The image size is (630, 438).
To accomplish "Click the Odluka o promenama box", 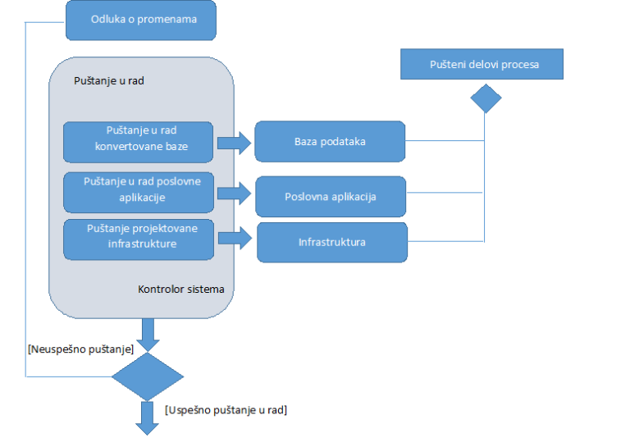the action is click(x=140, y=20).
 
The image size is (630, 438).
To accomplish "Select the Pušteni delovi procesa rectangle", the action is click(x=482, y=64).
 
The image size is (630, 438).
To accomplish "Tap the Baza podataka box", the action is click(x=330, y=141).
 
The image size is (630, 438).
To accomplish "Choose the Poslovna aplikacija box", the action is click(x=331, y=197).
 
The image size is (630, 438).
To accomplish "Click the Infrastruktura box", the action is click(x=332, y=242).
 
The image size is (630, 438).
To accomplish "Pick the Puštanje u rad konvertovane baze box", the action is click(x=138, y=142).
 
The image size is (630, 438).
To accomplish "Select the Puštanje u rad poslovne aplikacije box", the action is click(x=139, y=193).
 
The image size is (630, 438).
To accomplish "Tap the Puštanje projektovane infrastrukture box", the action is click(x=139, y=240).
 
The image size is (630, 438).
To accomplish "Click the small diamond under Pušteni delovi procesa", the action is click(x=486, y=98).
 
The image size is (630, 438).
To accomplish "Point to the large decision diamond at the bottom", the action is click(x=148, y=376).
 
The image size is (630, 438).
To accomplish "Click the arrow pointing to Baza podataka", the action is click(x=235, y=143).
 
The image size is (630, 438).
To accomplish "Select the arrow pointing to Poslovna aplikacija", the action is click(x=235, y=194).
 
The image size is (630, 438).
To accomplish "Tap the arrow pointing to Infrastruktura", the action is click(x=235, y=239).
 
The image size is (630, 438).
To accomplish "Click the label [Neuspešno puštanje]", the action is click(x=80, y=349).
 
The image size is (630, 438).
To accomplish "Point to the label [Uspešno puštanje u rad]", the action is click(x=226, y=410).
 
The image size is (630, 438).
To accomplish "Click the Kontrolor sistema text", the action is click(x=180, y=290).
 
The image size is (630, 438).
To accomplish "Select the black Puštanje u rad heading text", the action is click(x=109, y=80).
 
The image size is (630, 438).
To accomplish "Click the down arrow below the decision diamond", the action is click(x=148, y=418).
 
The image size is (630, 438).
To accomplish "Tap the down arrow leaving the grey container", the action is click(x=148, y=335).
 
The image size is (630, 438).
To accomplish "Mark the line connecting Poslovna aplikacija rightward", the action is click(x=445, y=193).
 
